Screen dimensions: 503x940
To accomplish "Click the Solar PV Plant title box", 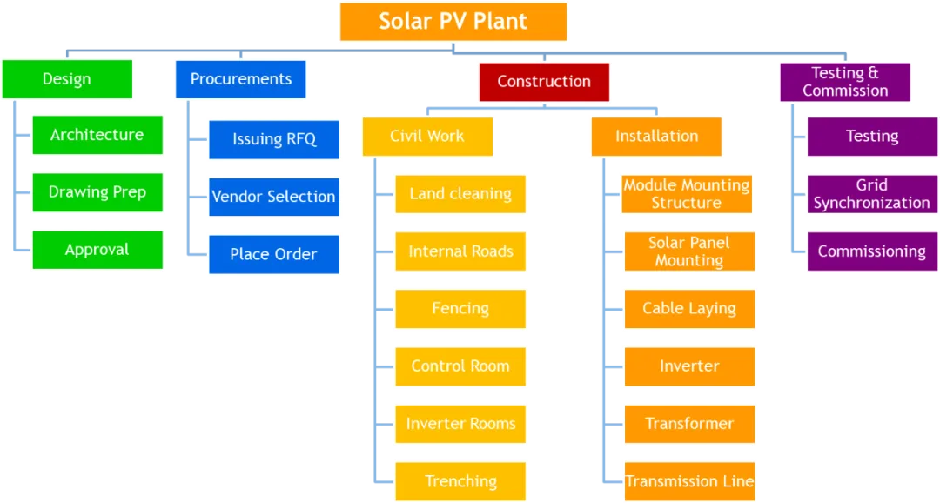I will (x=453, y=23).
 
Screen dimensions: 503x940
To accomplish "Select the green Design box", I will (x=67, y=79).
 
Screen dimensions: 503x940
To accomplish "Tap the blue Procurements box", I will (x=241, y=79).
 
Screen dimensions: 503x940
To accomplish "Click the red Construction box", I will (x=544, y=82).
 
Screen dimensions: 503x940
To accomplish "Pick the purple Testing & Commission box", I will (x=845, y=82).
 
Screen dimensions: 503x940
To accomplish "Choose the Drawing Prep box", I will (x=97, y=192).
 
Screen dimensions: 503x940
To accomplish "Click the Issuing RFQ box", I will (x=274, y=139).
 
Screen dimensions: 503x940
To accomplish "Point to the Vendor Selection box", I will (x=274, y=197).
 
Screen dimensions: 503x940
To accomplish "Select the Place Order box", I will (x=274, y=254).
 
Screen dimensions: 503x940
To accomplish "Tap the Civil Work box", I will (x=427, y=136).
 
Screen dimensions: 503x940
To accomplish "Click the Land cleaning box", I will (x=460, y=194).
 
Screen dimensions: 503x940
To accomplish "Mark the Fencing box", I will (x=460, y=309).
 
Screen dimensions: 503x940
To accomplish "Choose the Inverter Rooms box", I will (x=460, y=424).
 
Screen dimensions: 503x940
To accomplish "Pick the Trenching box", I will (x=460, y=481).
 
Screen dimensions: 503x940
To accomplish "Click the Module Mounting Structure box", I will (x=687, y=194).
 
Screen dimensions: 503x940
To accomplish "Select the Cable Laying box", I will (x=689, y=309).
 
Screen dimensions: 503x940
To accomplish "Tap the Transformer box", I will (x=689, y=424).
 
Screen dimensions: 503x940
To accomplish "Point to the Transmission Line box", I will (x=689, y=481).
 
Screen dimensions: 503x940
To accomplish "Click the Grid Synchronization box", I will (x=872, y=194).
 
